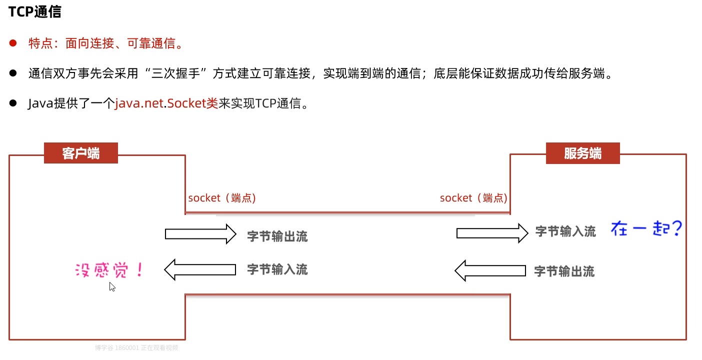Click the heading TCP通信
tap(34, 12)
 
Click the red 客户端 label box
tap(81, 153)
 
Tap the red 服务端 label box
tap(582, 153)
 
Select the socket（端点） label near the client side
tap(222, 198)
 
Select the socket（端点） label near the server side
tap(473, 198)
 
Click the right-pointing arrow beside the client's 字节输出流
tap(200, 233)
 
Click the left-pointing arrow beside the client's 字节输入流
tap(199, 270)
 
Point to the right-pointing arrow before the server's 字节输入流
tap(492, 233)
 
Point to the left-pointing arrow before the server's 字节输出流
tap(490, 270)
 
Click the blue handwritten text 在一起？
tap(646, 229)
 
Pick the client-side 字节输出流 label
tap(277, 236)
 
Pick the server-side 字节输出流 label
tap(564, 271)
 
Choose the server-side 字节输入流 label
tap(565, 231)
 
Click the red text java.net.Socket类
tap(166, 103)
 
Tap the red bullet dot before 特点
tap(13, 43)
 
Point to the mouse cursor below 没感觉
tap(112, 286)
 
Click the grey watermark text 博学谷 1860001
tap(116, 347)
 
